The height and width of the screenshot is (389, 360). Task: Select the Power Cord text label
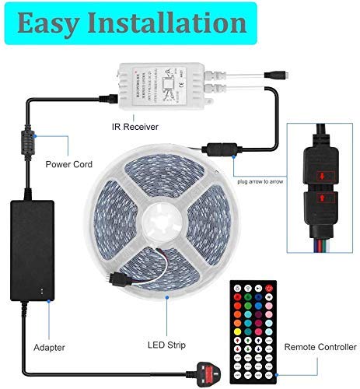pos(68,164)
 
